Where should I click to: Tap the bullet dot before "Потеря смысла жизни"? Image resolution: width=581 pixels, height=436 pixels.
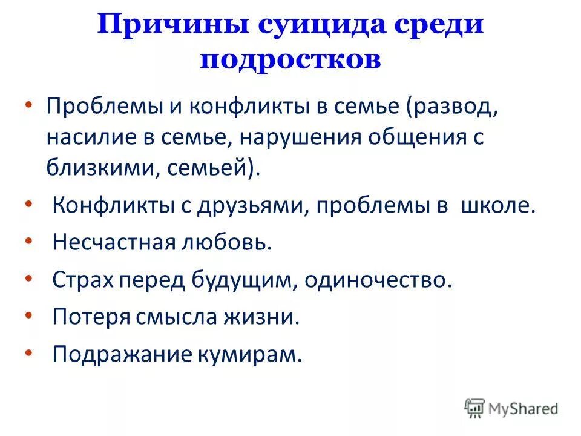click(28, 314)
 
